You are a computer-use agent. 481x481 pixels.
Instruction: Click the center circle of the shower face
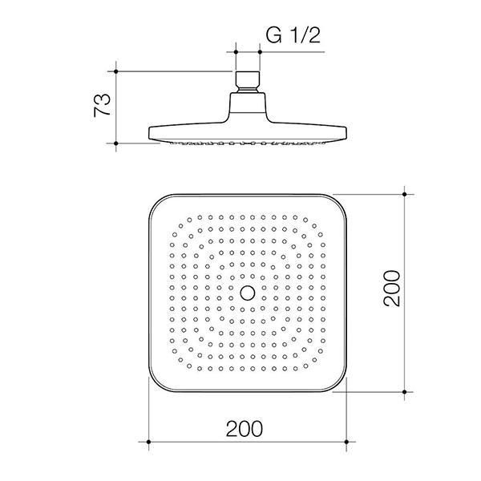[248, 293]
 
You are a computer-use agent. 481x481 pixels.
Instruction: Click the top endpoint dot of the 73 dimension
[117, 71]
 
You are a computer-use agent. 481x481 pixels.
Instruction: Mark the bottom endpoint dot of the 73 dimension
[117, 144]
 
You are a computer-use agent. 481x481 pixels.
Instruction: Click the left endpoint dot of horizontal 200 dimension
[149, 440]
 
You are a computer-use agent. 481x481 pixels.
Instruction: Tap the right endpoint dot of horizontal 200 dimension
[347, 440]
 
